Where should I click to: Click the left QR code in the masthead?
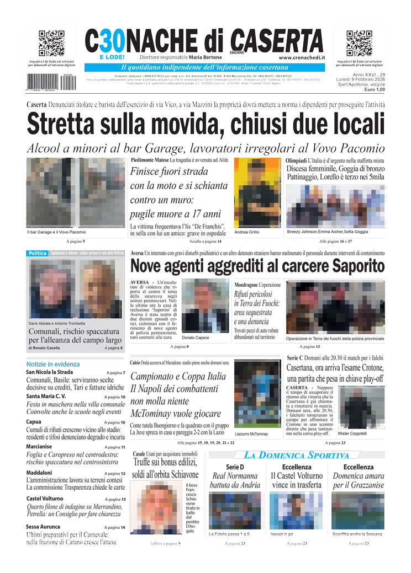pos(51,44)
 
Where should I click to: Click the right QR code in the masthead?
pos(360,44)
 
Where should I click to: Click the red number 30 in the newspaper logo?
pos(111,41)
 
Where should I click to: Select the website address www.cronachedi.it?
pos(301,57)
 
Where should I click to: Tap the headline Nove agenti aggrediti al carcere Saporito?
pos(257,266)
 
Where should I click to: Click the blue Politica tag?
pos(37,253)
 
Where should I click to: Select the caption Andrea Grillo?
pos(247,232)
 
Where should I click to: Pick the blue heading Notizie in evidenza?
pos(53,364)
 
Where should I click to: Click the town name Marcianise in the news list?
pos(43,447)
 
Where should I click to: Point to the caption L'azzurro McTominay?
pos(251,434)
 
